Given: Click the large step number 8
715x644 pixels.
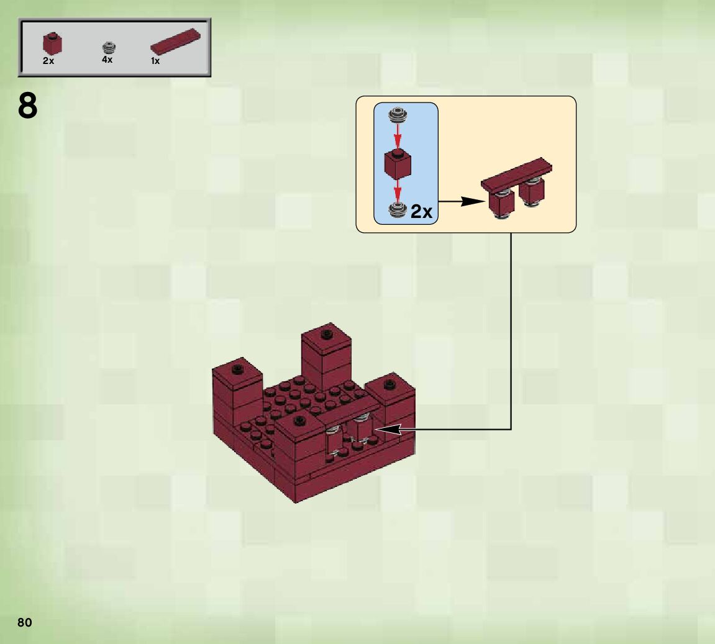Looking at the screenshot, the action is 28,107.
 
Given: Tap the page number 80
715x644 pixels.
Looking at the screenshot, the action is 24,623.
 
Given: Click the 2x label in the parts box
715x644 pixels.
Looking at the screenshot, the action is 48,61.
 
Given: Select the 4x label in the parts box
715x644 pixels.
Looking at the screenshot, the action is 107,60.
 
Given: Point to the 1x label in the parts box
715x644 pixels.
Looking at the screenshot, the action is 155,61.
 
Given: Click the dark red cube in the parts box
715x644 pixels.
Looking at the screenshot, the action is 52,43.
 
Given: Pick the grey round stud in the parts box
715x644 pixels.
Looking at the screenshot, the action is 109,47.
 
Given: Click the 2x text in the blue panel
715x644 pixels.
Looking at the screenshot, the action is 421,212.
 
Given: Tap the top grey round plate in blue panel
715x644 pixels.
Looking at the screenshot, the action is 398,114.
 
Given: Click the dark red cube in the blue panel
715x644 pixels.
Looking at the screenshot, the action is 398,162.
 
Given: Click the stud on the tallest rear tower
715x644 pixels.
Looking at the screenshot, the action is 326,334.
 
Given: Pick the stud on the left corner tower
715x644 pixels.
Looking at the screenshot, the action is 237,369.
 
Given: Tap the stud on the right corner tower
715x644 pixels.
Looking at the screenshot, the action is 390,384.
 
